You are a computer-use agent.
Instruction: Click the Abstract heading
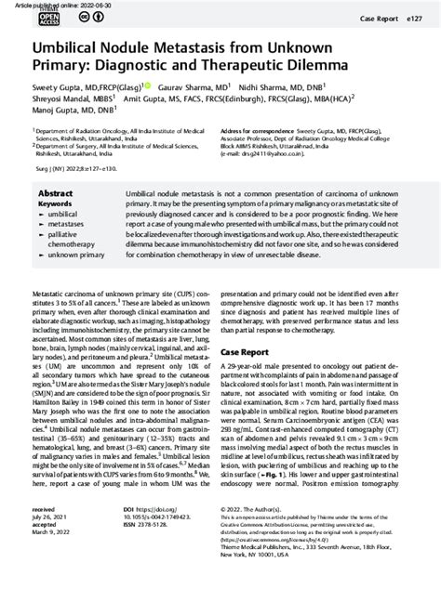click(55, 193)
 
